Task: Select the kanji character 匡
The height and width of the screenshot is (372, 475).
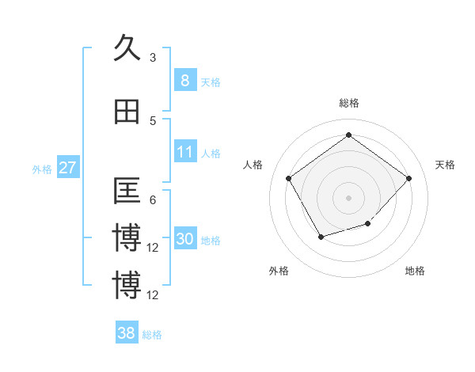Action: (127, 191)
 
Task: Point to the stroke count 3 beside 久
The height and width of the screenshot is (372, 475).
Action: (153, 57)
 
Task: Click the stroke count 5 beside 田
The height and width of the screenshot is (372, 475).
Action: (153, 120)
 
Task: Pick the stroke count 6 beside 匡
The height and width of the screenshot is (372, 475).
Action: (153, 200)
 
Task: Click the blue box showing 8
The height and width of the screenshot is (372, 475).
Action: (184, 80)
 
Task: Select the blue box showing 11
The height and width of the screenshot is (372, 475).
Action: (184, 152)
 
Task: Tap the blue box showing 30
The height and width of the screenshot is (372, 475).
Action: (184, 240)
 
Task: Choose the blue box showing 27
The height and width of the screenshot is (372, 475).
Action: (67, 168)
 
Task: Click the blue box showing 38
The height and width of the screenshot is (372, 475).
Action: (127, 333)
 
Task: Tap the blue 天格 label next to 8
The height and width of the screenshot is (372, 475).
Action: (211, 82)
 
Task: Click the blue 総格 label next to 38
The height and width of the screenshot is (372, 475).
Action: (152, 335)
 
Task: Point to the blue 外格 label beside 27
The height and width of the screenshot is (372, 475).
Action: (42, 169)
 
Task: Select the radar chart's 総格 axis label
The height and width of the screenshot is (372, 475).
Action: (348, 103)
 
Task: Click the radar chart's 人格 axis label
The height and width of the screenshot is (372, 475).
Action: (253, 165)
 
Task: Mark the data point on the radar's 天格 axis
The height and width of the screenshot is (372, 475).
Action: (408, 178)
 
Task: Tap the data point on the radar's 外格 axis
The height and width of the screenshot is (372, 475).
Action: (321, 236)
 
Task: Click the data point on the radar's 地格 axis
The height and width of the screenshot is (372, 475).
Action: (367, 224)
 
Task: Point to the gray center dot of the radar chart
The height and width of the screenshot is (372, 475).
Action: (348, 197)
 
